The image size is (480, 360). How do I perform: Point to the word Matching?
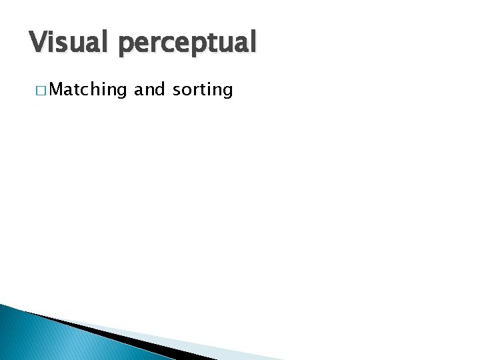87,89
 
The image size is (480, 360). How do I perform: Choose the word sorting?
202,90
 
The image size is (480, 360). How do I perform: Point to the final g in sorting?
227,91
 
